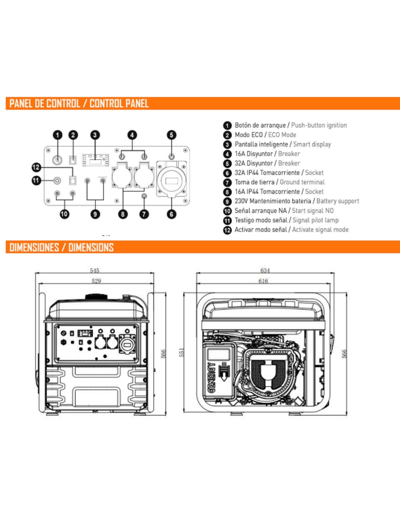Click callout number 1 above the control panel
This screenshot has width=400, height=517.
tap(57, 135)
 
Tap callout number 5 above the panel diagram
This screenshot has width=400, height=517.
tap(171, 135)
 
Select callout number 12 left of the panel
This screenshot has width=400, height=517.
tap(36, 167)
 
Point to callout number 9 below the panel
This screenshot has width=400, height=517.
tap(95, 214)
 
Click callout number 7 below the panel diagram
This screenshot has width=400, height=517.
tap(144, 214)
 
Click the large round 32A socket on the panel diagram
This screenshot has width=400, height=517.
tap(172, 181)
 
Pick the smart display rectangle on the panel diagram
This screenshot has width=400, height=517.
tap(95, 160)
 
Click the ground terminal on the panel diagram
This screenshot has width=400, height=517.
tap(144, 197)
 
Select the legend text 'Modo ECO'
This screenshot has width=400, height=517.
tap(248, 135)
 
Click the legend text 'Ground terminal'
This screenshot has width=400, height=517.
tap(302, 182)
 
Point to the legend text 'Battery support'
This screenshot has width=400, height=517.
tap(337, 201)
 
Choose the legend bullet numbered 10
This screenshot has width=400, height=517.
tap(227, 211)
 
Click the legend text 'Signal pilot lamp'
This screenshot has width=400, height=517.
tap(315, 220)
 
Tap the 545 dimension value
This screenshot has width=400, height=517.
tap(95, 270)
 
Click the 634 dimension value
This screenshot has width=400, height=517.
tap(265, 270)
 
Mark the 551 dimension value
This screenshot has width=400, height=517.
tap(182, 352)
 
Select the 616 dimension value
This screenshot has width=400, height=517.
tap(263, 281)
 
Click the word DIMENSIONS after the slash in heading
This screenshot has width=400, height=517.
tap(91, 248)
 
